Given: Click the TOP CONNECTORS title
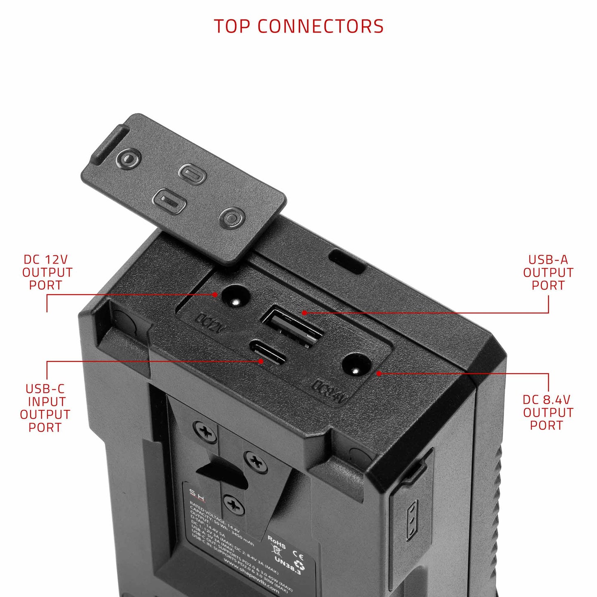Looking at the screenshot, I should pos(298,26).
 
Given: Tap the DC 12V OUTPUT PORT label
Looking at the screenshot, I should pos(47,273).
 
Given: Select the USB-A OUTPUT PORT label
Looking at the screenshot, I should pos(548,273).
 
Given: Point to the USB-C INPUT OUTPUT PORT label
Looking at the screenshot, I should pos(45,408).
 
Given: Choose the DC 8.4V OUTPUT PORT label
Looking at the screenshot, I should pos(547,413).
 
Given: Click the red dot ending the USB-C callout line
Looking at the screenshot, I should pos(261,361).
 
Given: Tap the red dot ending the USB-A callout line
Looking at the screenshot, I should pos(304,313).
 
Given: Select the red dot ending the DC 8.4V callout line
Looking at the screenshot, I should pos(378,373).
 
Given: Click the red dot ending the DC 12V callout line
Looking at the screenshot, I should pos(215,295).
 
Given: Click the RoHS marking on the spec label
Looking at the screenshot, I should pos(277,542).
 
